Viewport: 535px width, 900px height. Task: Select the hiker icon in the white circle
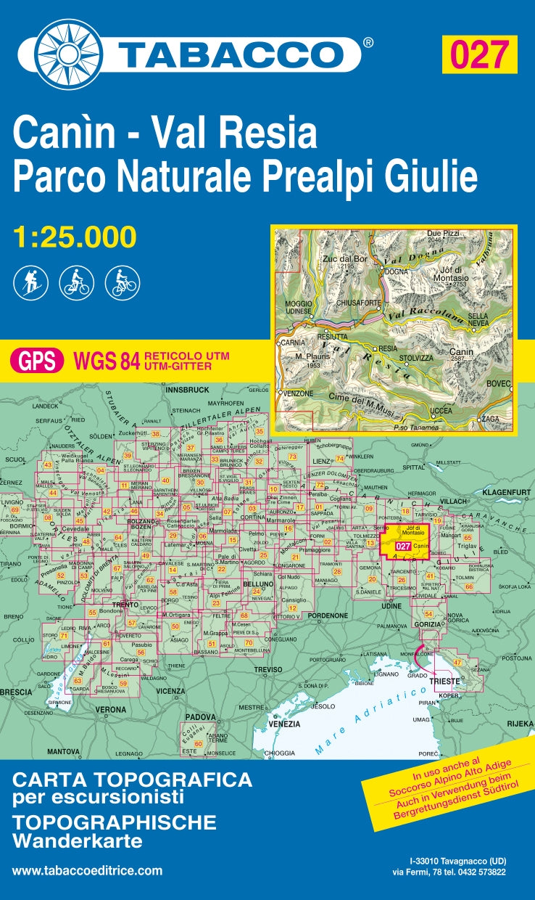(x=30, y=282)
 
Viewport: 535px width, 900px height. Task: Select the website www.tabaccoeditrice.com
(x=87, y=871)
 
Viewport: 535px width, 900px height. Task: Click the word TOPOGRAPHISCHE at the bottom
(x=114, y=822)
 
